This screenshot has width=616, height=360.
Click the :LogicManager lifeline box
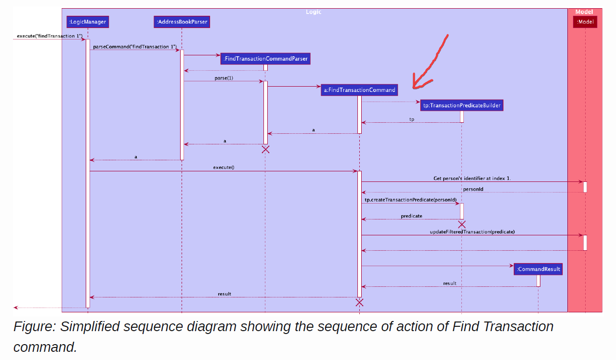point(88,22)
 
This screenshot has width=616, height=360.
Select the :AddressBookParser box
point(182,22)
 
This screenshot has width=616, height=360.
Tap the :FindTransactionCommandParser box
point(265,59)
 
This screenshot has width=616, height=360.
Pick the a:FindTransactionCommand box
point(359,90)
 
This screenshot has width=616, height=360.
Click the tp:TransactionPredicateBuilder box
point(461,105)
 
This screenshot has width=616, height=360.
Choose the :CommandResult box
point(538,269)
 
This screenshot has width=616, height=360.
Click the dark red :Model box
point(585,22)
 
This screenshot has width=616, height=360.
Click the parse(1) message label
point(223,78)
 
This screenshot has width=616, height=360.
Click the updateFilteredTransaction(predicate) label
point(472,232)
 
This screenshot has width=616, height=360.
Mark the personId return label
point(473,189)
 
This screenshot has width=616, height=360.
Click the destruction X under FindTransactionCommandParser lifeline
point(265,149)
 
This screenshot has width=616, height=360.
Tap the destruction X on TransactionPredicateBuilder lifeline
point(461,224)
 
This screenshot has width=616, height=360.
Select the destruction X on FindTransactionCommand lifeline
point(359,302)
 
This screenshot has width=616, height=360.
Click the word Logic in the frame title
point(314,12)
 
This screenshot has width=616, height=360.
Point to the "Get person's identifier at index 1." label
point(472,178)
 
